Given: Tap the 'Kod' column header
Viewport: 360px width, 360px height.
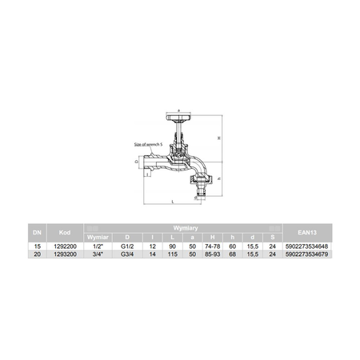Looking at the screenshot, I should pos(64,232).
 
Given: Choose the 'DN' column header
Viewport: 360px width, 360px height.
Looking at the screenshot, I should pos(36,232).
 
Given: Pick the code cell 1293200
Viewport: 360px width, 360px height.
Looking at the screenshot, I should pos(64,253).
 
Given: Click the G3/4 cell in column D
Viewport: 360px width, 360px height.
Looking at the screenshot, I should pos(126,253).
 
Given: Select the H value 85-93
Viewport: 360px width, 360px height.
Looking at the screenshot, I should pos(210,253).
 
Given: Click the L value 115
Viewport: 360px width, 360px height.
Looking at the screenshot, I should pos(170,253).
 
